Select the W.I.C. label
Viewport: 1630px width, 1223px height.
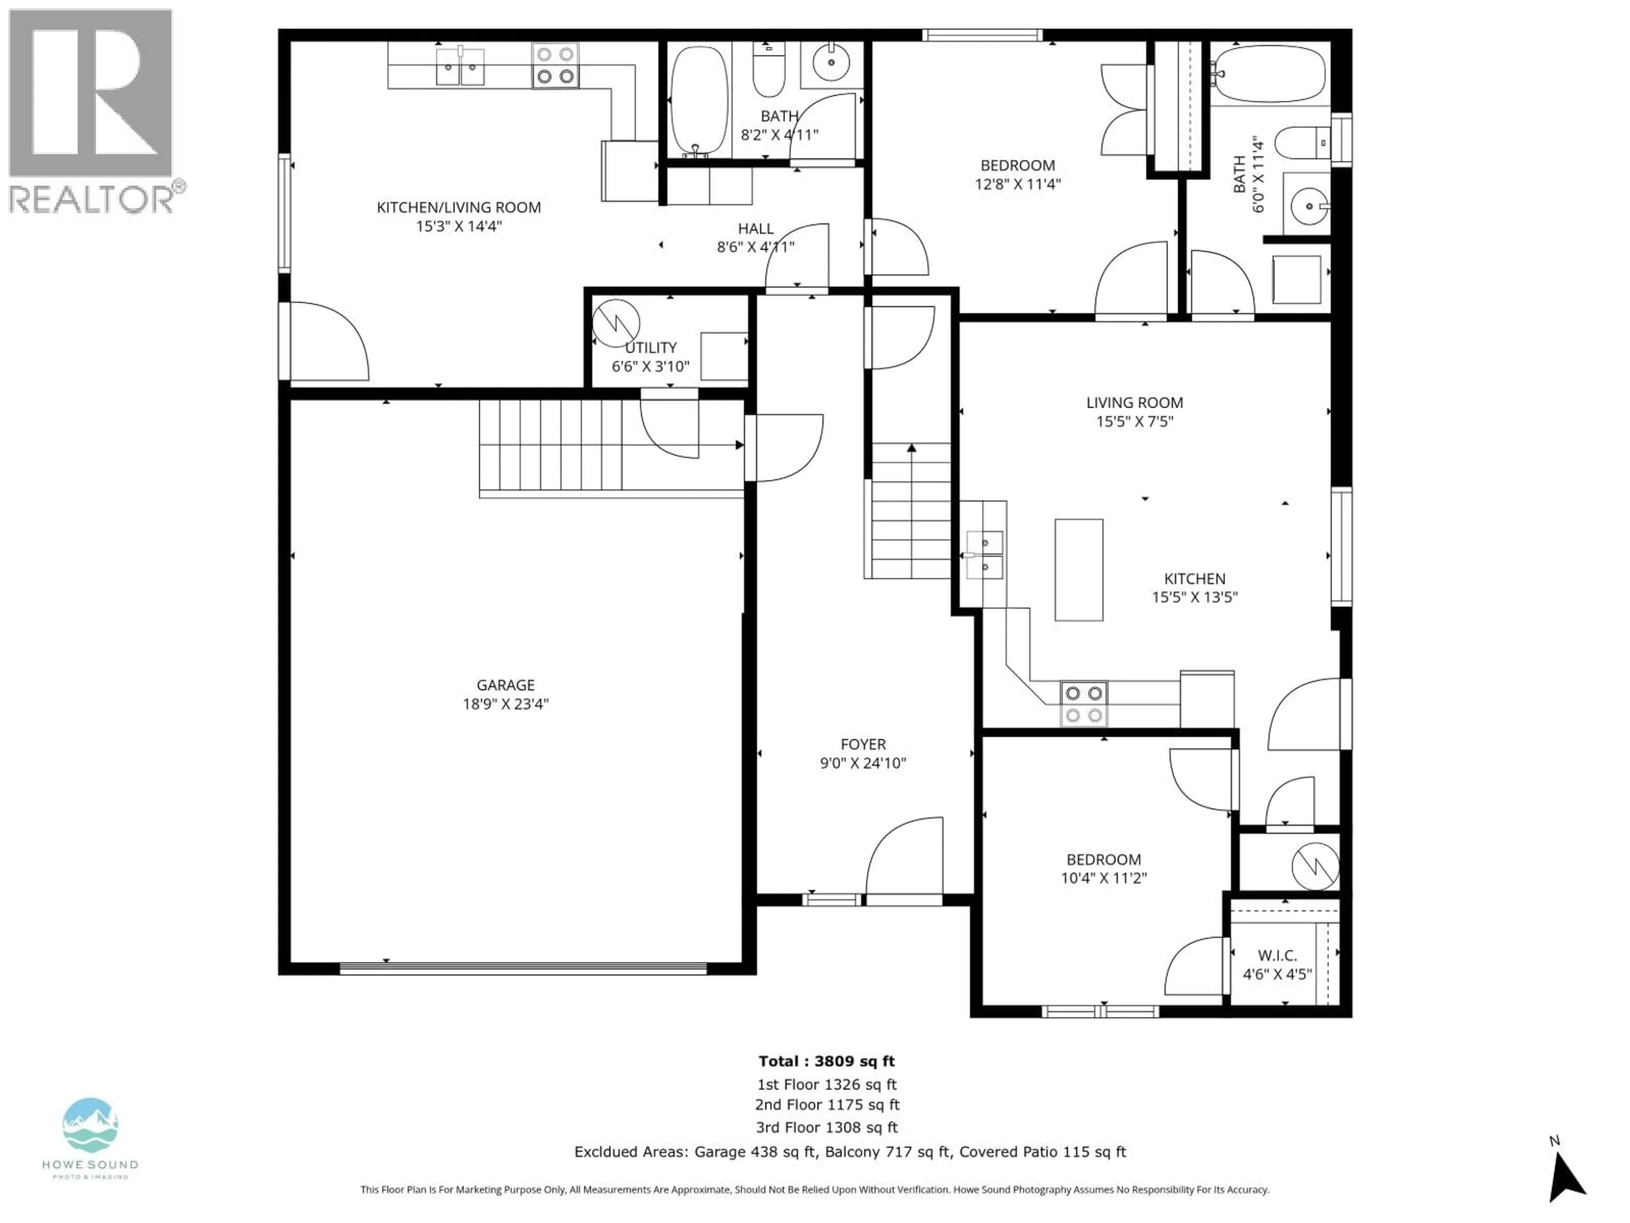pyautogui.click(x=1277, y=955)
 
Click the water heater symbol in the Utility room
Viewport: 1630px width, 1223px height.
pyautogui.click(x=615, y=323)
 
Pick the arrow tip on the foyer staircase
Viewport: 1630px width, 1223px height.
pyautogui.click(x=911, y=448)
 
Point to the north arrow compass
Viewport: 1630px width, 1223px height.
pyautogui.click(x=1564, y=1182)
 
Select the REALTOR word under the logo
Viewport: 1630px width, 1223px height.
pyautogui.click(x=91, y=199)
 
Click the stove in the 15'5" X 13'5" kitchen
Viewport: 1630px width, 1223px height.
pyautogui.click(x=1083, y=703)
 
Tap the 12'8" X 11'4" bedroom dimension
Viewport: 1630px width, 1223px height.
pyautogui.click(x=1017, y=184)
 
